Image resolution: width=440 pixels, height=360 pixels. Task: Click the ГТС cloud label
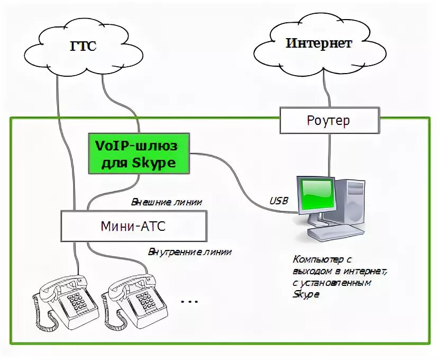click(83, 46)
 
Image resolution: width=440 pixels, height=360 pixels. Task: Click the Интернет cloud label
click(318, 43)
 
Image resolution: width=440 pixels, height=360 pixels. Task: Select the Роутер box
click(328, 120)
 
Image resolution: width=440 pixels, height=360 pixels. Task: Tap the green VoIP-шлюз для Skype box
click(138, 153)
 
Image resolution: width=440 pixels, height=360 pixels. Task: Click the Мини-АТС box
click(133, 227)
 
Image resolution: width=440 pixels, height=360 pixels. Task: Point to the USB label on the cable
click(279, 201)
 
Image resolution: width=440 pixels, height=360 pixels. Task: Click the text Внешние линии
click(167, 202)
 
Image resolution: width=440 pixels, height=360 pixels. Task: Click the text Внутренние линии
click(189, 251)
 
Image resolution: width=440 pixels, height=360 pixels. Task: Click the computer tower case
click(349, 204)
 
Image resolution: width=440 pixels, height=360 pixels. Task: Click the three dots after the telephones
click(189, 302)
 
